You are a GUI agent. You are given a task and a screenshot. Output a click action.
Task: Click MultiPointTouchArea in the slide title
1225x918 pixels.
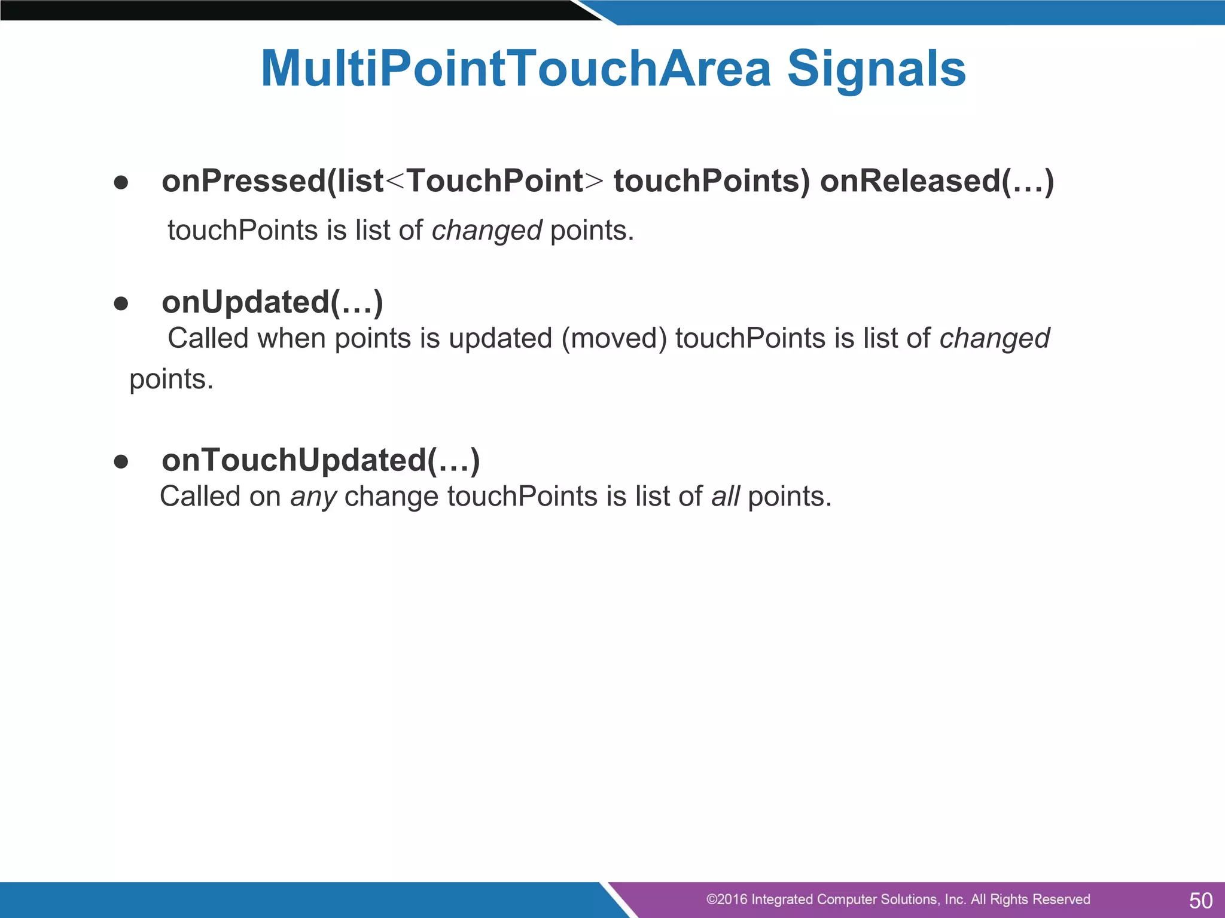pyautogui.click(x=516, y=69)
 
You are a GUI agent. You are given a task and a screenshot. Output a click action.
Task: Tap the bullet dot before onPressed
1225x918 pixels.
pyautogui.click(x=121, y=183)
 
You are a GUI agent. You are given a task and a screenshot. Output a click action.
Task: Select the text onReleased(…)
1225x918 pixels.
pyautogui.click(x=937, y=181)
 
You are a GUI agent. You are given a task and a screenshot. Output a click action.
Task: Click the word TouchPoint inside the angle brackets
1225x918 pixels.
pyautogui.click(x=495, y=181)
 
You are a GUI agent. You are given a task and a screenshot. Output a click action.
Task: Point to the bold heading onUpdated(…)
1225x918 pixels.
pyautogui.click(x=272, y=302)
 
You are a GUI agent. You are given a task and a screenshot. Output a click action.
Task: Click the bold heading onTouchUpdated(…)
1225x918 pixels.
pyautogui.click(x=321, y=460)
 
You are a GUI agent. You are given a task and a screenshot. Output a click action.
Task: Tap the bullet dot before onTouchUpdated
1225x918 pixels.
pyautogui.click(x=121, y=461)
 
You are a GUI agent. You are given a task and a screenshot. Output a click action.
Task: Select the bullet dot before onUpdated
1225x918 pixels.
pyautogui.click(x=121, y=304)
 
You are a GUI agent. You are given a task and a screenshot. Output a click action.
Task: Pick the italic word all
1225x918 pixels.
pyautogui.click(x=725, y=497)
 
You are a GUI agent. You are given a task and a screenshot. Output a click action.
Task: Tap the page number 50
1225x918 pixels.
pyautogui.click(x=1200, y=900)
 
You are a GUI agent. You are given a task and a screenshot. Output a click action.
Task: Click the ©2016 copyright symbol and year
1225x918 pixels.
pyautogui.click(x=726, y=899)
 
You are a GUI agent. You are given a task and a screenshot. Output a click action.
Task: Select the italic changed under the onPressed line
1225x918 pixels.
pyautogui.click(x=486, y=231)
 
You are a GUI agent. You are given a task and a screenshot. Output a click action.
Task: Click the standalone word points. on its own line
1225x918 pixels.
pyautogui.click(x=172, y=380)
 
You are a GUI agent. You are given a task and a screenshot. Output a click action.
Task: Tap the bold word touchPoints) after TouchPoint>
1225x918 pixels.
pyautogui.click(x=712, y=181)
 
